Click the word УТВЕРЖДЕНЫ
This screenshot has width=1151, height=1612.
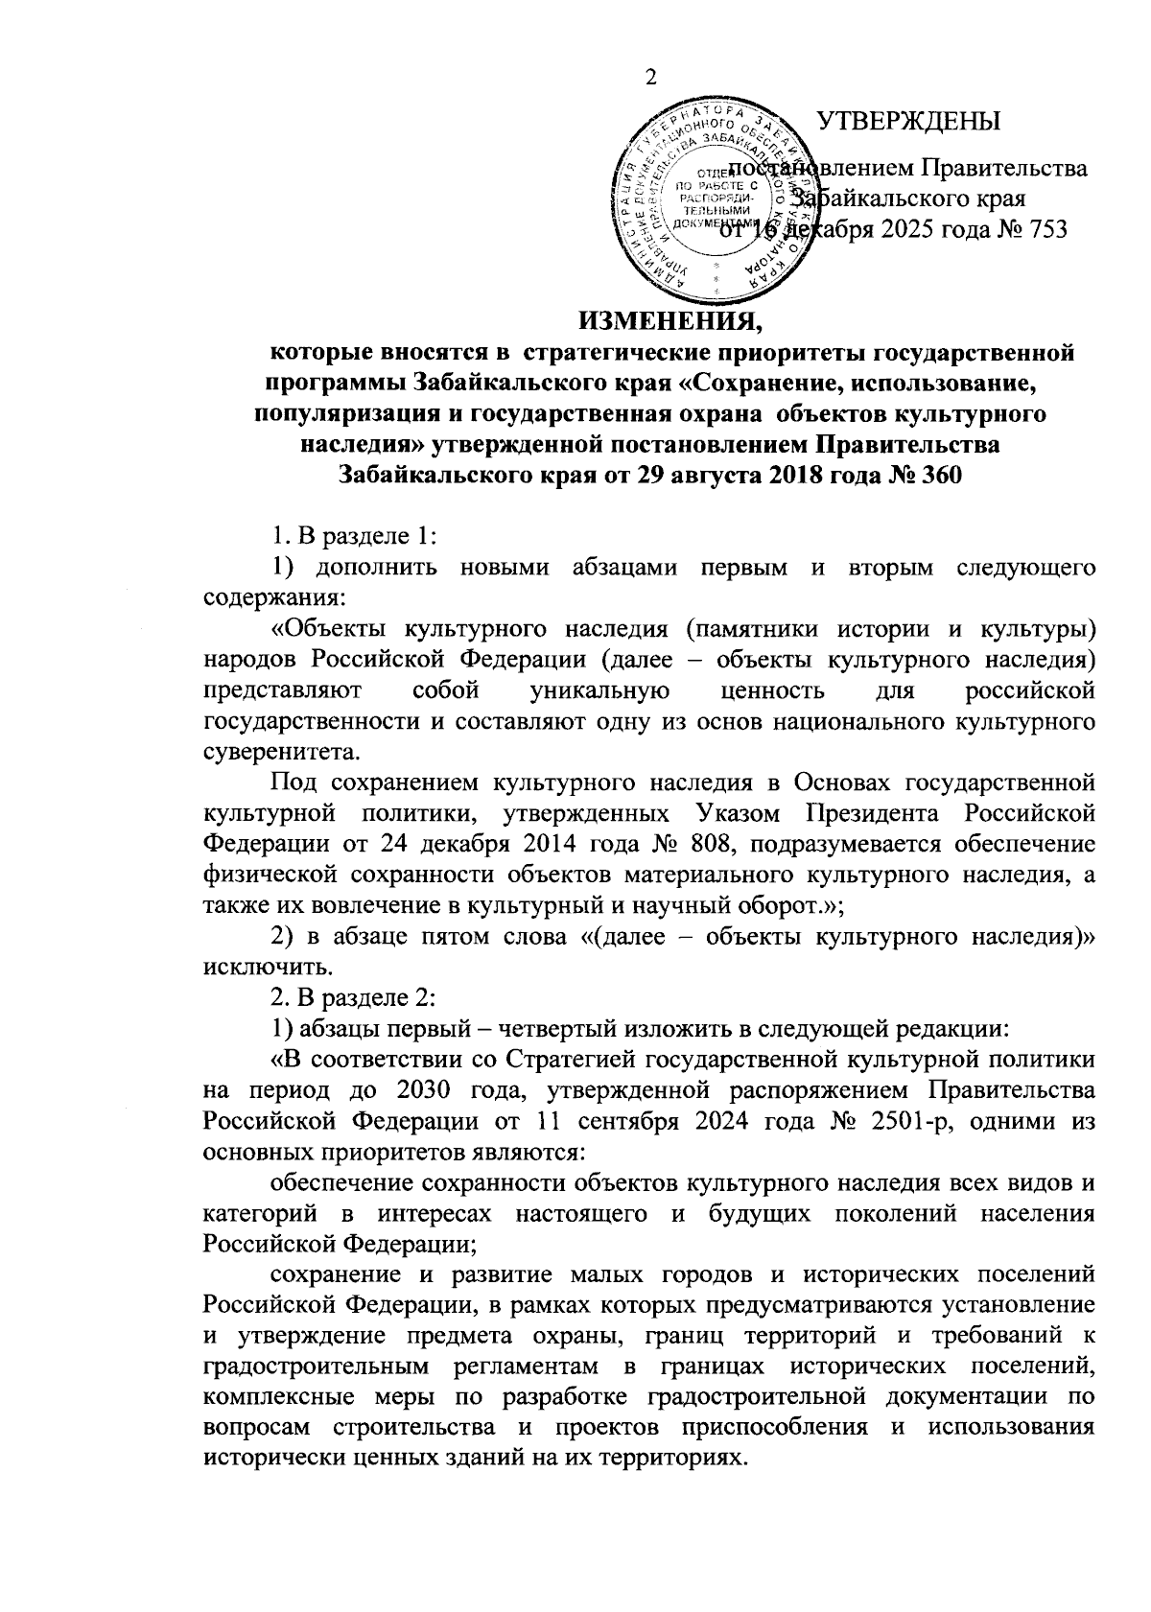click(907, 122)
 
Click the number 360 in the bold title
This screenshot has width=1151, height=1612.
click(939, 476)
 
